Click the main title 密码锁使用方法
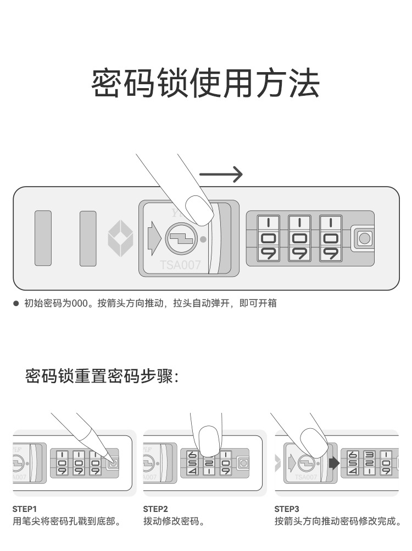[205, 84]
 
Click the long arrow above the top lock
[221, 175]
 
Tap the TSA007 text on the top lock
[180, 265]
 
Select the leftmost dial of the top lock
[269, 238]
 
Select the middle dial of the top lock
[299, 238]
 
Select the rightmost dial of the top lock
[331, 238]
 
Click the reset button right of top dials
[364, 239]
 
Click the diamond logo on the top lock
[120, 239]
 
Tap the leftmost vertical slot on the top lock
[43, 238]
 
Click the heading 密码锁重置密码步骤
[102, 377]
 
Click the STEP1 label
[24, 509]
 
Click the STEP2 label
[155, 509]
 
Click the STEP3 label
[287, 509]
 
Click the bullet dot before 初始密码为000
[16, 303]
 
